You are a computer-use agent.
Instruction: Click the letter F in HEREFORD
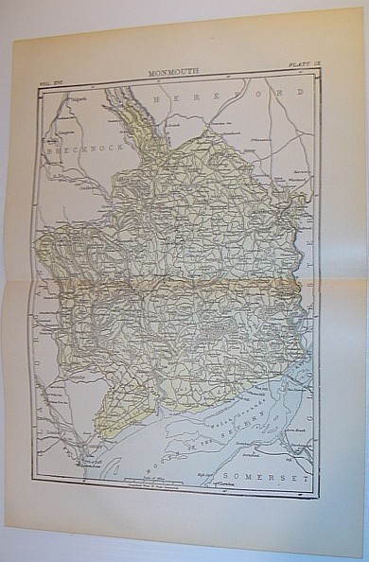244,95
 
